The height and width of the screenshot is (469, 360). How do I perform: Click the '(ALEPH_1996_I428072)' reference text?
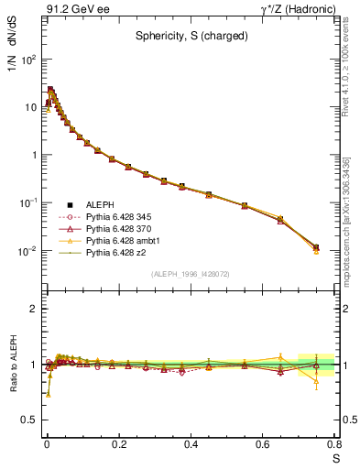[x=191, y=274]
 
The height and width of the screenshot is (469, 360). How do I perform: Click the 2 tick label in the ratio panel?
[x=33, y=310]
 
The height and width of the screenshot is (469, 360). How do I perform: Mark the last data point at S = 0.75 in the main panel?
[x=316, y=247]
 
